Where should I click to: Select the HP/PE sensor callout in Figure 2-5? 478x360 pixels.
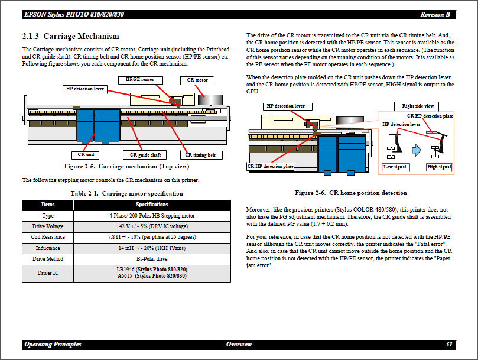[x=140, y=79]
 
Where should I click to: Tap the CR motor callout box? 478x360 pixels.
[x=198, y=80]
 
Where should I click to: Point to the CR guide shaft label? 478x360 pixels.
[x=145, y=155]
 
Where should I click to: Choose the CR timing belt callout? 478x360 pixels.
[x=200, y=155]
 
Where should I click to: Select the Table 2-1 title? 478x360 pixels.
[x=126, y=193]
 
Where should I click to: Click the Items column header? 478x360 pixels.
[x=48, y=205]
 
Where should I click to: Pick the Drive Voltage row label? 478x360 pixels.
[x=48, y=226]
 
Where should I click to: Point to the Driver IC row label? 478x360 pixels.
[x=48, y=273]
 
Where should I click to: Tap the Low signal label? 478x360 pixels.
[x=395, y=167]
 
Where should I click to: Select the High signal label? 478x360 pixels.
[x=439, y=167]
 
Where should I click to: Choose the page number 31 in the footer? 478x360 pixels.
[x=449, y=345]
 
